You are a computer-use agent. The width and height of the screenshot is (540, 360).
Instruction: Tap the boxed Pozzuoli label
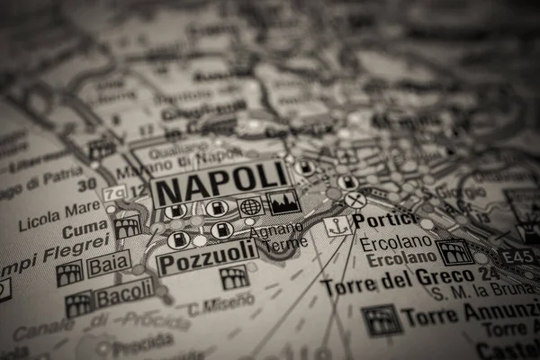[207, 261]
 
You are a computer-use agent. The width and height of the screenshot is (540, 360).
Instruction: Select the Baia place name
[109, 265]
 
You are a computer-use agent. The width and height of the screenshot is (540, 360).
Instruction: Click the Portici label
[384, 219]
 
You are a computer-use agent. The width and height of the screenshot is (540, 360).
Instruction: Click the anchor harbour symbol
[338, 226]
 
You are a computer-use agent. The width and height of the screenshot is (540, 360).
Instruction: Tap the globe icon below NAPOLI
[249, 206]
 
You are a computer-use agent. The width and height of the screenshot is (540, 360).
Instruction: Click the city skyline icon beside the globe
[283, 202]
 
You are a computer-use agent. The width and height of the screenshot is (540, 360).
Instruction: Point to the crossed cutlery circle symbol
[355, 200]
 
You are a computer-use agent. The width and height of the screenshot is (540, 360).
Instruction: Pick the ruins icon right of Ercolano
[454, 251]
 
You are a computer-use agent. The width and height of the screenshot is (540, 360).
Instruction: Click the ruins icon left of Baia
[69, 273]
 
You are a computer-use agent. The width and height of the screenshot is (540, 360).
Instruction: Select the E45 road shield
[519, 257]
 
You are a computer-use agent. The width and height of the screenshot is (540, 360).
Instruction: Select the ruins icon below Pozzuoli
[234, 277]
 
